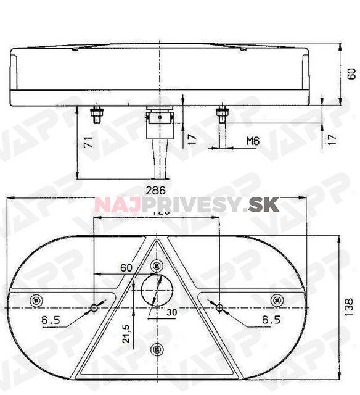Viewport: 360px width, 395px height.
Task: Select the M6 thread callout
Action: pos(252,141)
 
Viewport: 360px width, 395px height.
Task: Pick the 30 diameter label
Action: pos(172,312)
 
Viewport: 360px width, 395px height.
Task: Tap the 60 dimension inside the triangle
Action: pos(126,267)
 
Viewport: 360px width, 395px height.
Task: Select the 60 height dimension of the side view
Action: pos(351,74)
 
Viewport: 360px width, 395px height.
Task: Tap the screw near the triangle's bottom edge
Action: pos(156,348)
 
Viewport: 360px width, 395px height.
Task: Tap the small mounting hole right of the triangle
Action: pos(219,307)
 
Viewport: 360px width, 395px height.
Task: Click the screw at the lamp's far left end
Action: pos(36,300)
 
